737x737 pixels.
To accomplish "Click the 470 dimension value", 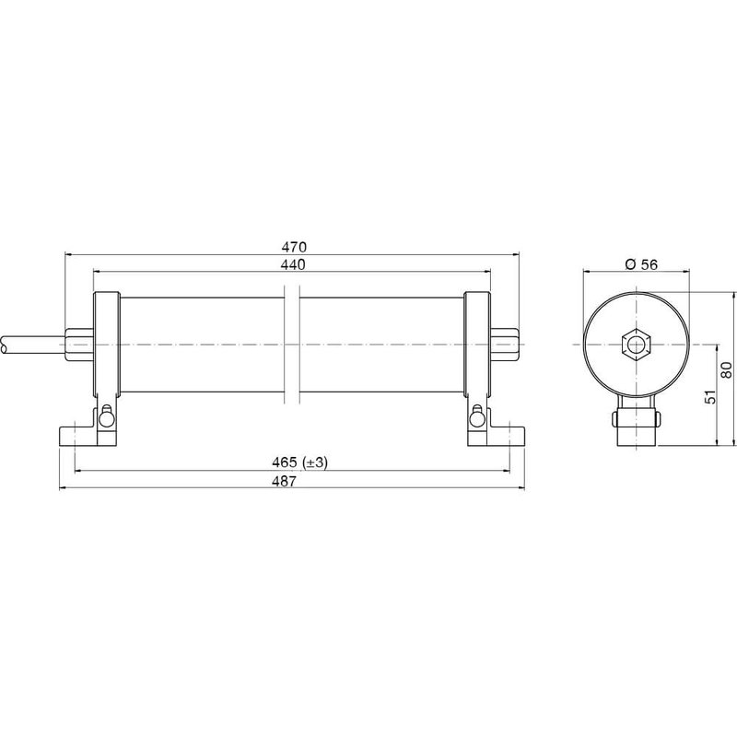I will click(x=293, y=247).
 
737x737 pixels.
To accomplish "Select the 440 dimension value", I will click(x=293, y=264).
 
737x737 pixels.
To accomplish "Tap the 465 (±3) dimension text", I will click(x=293, y=463).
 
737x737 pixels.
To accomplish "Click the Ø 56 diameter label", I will click(x=640, y=264).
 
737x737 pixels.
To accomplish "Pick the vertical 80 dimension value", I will click(x=726, y=369).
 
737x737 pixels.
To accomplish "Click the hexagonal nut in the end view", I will click(x=637, y=345).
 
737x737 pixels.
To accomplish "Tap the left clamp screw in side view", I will click(x=109, y=417).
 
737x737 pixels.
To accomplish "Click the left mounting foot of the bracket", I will click(x=75, y=434).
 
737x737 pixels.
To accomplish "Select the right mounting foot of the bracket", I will click(x=510, y=434).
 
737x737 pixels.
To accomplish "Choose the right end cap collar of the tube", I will click(x=477, y=345).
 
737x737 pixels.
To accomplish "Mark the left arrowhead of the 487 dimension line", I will click(x=64, y=487).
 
